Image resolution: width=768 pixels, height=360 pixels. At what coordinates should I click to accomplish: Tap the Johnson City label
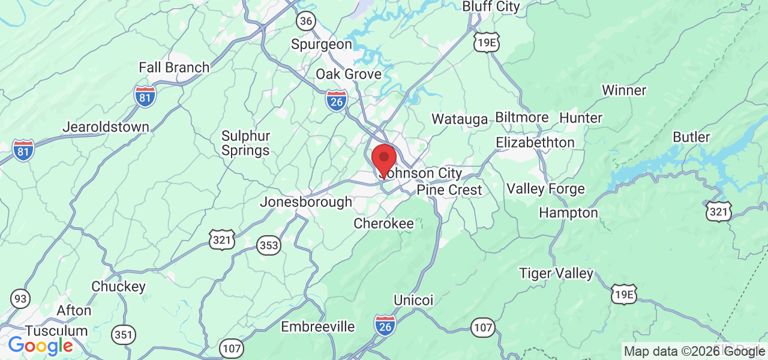[x=422, y=174]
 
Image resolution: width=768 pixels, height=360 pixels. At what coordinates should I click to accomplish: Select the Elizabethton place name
[x=535, y=143]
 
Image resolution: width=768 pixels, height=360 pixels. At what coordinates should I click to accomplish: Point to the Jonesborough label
[x=305, y=202]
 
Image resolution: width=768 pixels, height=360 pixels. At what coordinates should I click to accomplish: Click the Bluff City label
[x=491, y=7]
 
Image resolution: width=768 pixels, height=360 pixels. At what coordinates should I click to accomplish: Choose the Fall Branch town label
[x=174, y=67]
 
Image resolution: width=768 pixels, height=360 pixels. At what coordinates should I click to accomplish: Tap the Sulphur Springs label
[x=245, y=143]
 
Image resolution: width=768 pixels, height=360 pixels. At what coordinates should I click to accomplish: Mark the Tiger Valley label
[x=556, y=274]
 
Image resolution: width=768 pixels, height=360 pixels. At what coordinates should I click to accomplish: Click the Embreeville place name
[x=318, y=327]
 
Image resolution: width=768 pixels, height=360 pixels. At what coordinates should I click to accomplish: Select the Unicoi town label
[x=413, y=299]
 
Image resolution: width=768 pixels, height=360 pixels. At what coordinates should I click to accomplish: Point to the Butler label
[x=691, y=137]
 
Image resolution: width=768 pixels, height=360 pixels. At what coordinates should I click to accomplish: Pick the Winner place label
[x=624, y=91]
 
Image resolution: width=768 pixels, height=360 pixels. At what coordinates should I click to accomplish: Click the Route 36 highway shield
[x=305, y=21]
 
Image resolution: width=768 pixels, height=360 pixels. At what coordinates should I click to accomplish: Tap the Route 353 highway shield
[x=269, y=245]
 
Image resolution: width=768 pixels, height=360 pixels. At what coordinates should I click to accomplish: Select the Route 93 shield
[x=20, y=298]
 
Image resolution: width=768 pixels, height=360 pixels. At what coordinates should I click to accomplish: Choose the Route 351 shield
[x=124, y=334]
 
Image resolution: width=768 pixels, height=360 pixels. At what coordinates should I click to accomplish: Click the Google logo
[x=40, y=346]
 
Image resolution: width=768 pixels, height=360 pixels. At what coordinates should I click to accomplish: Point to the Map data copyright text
[x=694, y=352]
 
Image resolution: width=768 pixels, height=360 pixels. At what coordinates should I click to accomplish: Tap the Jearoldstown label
[x=106, y=127]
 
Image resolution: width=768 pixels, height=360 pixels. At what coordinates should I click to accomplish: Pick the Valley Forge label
[x=545, y=189]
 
